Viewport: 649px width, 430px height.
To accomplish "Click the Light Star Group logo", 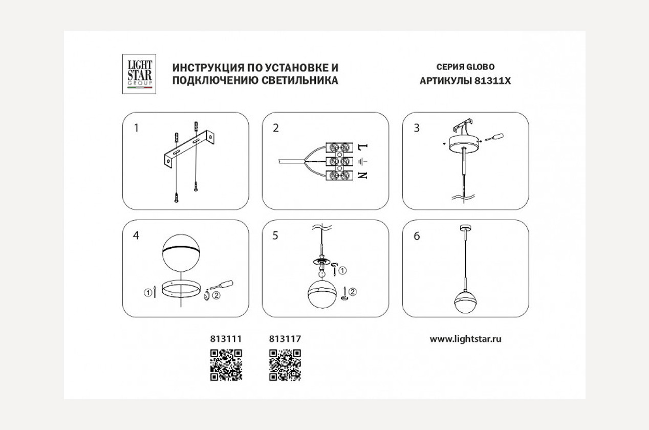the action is pos(139,74).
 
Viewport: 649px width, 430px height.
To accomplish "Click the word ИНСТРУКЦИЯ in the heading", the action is pos(207,68).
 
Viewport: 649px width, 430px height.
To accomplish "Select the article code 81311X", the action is pos(492,80).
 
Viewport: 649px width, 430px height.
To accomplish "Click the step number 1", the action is pos(136,128).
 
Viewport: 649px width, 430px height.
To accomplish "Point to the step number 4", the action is pos(136,235).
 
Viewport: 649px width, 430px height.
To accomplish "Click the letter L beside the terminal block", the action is pos(363,146).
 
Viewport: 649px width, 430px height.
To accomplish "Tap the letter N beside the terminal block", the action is pos(362,175).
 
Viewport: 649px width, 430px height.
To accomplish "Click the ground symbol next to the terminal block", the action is pos(363,161).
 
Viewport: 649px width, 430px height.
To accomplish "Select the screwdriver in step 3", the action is pos(494,138).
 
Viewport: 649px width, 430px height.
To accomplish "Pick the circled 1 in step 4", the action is pos(148,293).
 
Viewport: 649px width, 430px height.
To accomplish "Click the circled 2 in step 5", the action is pos(353,292).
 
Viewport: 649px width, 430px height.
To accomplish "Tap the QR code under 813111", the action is pos(226,365).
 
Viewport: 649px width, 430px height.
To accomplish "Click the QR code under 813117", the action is pos(285,365).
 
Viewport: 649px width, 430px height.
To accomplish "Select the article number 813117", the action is pos(285,339).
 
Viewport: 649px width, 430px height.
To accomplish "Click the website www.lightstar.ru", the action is pos(465,339).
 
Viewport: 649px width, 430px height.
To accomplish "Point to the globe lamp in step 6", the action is pos(466,302).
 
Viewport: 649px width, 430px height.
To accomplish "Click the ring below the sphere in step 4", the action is pos(181,288).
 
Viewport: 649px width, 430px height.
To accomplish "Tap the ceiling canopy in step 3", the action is pos(465,143).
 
